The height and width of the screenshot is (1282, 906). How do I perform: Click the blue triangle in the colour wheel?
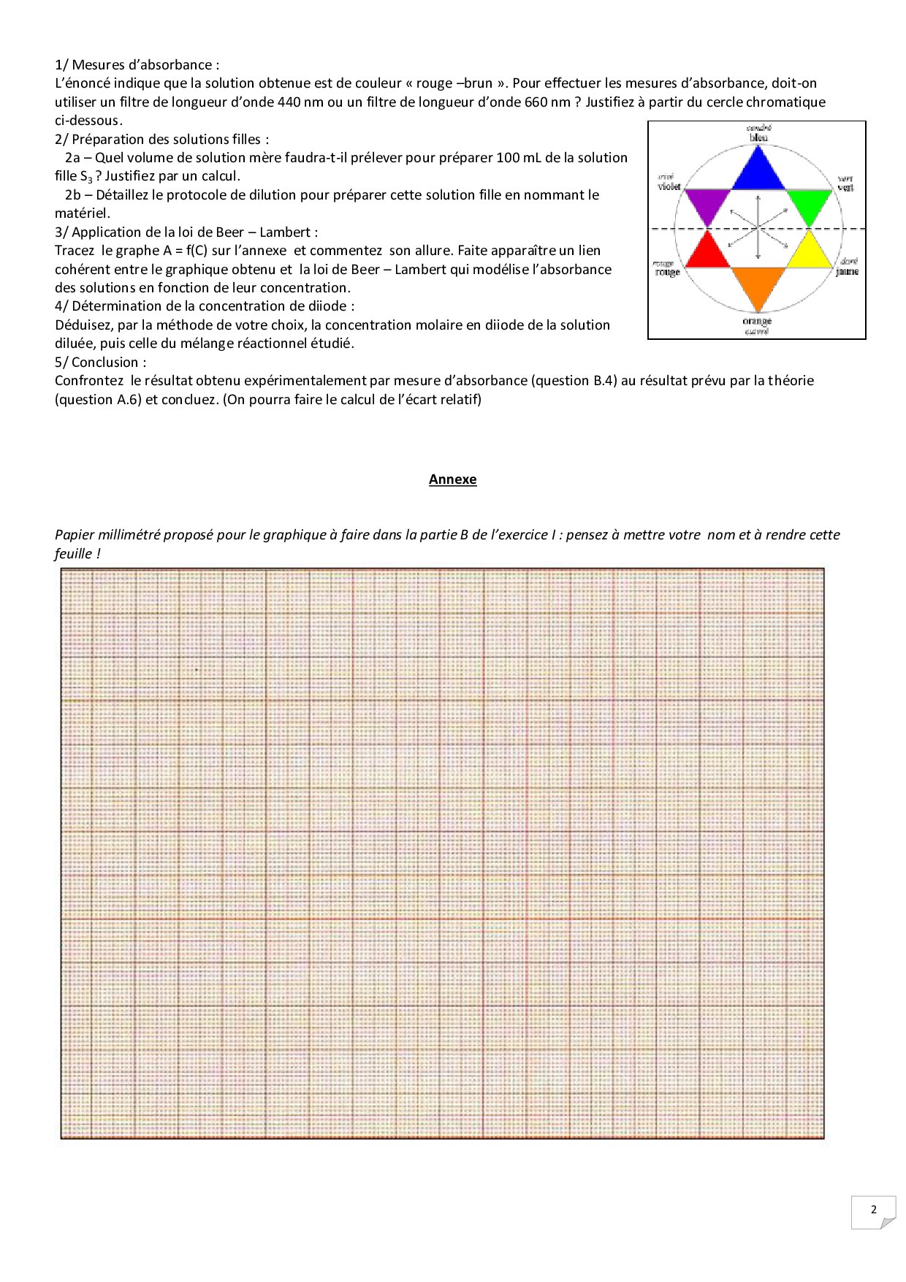click(x=758, y=172)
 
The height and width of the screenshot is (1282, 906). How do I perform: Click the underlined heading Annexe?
click(x=452, y=479)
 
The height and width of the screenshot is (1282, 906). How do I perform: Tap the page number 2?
click(x=874, y=1210)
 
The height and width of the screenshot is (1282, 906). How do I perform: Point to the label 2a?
click(x=72, y=158)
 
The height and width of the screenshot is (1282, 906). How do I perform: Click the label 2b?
click(x=72, y=195)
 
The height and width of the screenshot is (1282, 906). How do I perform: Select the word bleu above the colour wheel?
click(x=758, y=137)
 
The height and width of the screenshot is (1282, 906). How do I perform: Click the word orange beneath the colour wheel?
click(x=757, y=322)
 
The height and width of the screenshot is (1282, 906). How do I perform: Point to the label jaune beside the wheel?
click(x=847, y=271)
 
